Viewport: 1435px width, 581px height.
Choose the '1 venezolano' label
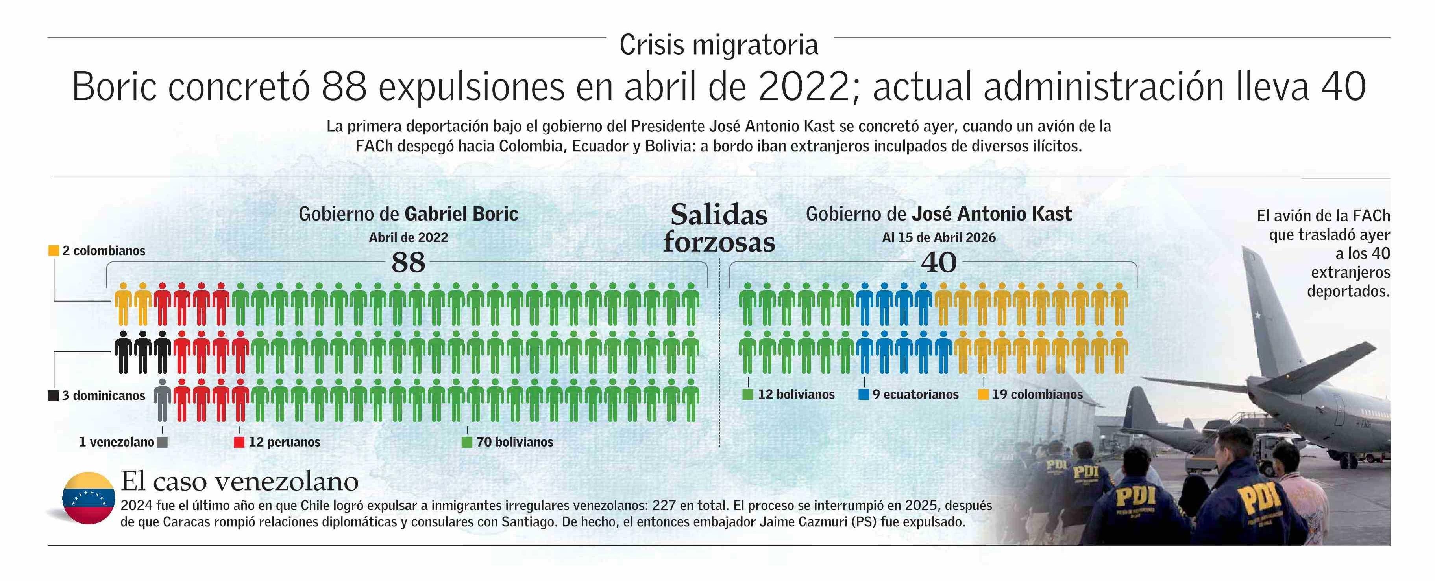(x=117, y=442)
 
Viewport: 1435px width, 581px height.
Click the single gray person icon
(x=162, y=400)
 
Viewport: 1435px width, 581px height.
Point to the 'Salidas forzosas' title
(x=719, y=228)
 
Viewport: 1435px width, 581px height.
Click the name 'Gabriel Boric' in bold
(x=461, y=214)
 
